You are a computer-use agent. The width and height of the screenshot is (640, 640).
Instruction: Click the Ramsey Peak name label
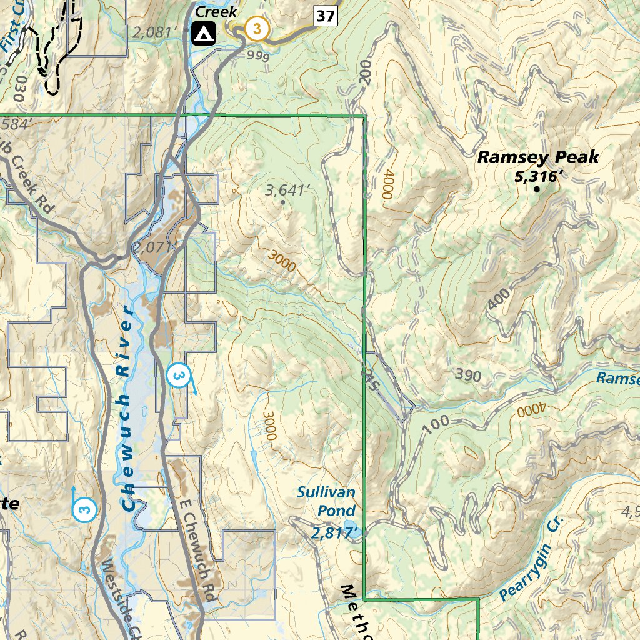pyautogui.click(x=538, y=157)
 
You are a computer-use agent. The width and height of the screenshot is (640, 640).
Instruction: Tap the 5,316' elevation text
pyautogui.click(x=535, y=177)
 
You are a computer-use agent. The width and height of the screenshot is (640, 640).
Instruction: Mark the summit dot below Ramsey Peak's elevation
pyautogui.click(x=536, y=188)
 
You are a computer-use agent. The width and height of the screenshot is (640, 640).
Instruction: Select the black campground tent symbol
pyautogui.click(x=204, y=33)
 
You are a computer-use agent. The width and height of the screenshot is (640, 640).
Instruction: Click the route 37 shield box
pyautogui.click(x=326, y=16)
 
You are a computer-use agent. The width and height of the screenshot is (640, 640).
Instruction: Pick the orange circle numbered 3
pyautogui.click(x=257, y=29)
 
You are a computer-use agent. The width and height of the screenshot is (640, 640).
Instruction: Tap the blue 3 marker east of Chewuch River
pyautogui.click(x=178, y=376)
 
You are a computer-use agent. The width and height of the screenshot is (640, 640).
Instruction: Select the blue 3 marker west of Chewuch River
pyautogui.click(x=85, y=509)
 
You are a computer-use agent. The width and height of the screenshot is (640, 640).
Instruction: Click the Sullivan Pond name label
pyautogui.click(x=326, y=501)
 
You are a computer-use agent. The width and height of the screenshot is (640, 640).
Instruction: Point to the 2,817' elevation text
pyautogui.click(x=336, y=532)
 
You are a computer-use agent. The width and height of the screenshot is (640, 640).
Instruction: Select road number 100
pyautogui.click(x=436, y=423)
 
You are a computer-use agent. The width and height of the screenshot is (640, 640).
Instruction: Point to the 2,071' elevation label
pyautogui.click(x=152, y=248)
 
